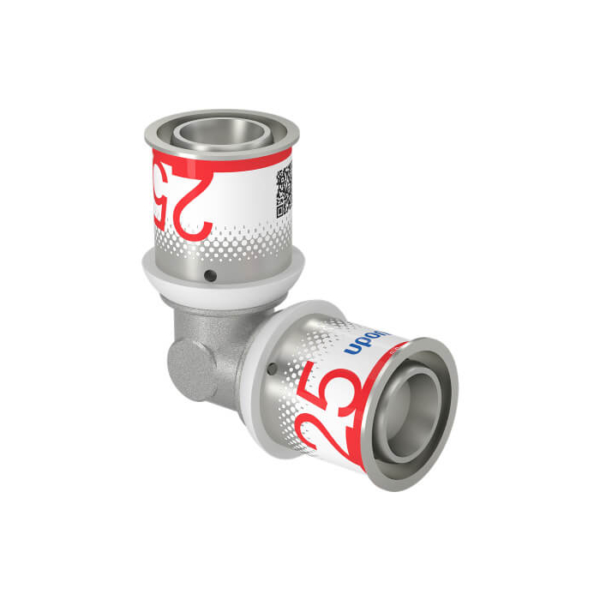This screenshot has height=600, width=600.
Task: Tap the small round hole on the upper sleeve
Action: point(210,276)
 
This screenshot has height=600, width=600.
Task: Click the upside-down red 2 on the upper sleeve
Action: point(197,206)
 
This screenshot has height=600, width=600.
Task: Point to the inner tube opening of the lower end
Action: point(410,411)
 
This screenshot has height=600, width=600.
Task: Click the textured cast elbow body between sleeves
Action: point(219,334)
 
